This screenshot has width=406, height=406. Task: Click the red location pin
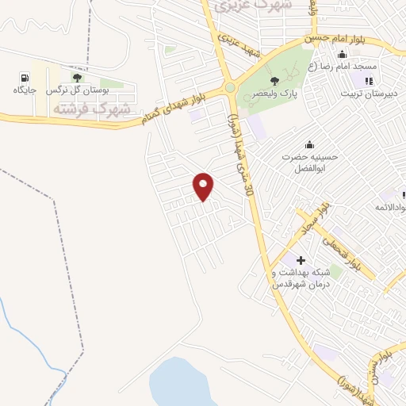204,186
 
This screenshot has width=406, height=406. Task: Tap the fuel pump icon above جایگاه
24,78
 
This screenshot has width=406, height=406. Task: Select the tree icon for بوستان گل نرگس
77,78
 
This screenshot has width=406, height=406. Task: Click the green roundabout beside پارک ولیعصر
229,88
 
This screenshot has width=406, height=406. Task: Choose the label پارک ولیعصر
274,94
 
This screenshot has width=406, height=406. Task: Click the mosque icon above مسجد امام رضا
342,55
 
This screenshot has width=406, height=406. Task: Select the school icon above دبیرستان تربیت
367,80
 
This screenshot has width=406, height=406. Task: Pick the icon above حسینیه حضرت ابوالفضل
308,144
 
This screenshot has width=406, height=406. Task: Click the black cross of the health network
301,260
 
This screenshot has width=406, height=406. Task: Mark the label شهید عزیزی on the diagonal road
240,45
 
